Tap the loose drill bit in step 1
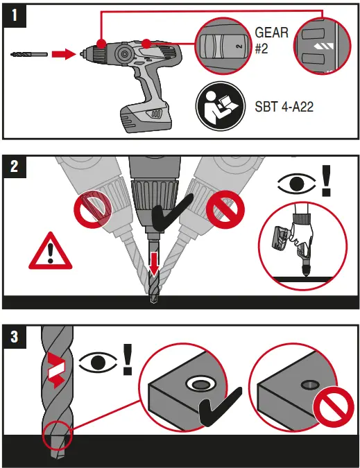(29, 53)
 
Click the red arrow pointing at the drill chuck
(64, 53)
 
